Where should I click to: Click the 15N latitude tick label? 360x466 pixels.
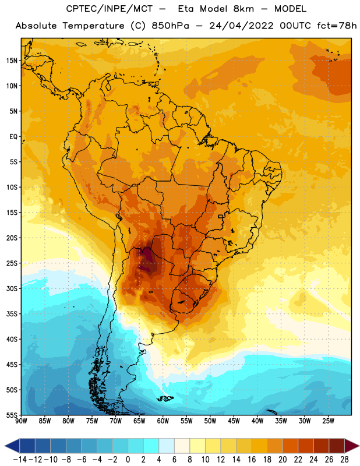coord(12,61)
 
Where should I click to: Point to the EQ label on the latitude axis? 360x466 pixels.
coord(13,137)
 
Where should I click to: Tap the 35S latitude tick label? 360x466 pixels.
coord(12,314)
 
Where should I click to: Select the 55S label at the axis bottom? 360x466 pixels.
coord(12,415)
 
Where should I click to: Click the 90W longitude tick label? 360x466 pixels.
coord(21,421)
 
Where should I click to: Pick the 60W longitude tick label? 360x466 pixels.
coord(163,421)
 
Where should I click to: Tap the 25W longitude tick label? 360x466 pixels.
coord(328,421)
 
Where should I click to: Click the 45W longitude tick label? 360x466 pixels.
coord(234,421)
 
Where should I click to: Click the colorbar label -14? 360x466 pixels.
coord(20,460)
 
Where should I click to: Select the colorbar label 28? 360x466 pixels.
coord(344,460)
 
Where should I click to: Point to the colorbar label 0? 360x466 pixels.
coord(128,460)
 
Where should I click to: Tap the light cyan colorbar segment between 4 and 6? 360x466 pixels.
coord(167,446)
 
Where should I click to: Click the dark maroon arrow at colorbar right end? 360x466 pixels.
coord(351,446)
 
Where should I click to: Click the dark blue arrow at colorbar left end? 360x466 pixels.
coord(12,446)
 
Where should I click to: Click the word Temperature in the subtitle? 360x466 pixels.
coord(93,26)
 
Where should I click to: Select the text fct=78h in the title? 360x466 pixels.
coord(337,26)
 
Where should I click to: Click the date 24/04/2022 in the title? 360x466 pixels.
coord(241,26)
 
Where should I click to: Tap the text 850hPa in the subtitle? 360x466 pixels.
coord(170,26)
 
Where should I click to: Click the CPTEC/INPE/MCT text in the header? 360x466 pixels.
coord(110,9)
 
